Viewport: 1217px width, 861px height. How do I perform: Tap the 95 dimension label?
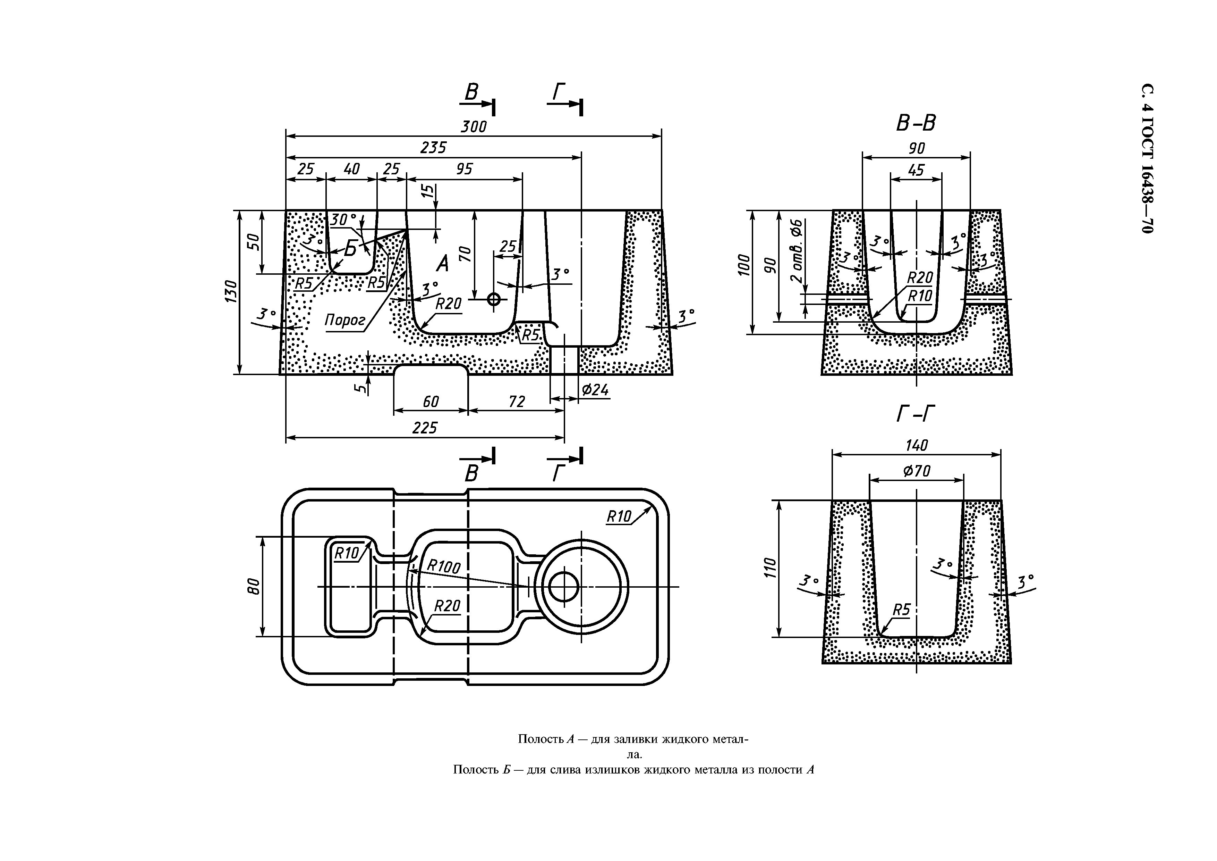464,169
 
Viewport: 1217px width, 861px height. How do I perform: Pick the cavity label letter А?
442,264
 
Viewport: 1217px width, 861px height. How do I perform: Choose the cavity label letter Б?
350,248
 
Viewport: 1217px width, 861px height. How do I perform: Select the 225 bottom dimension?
425,428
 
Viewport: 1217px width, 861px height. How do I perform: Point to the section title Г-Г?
916,414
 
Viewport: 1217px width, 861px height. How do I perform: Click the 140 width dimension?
917,445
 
